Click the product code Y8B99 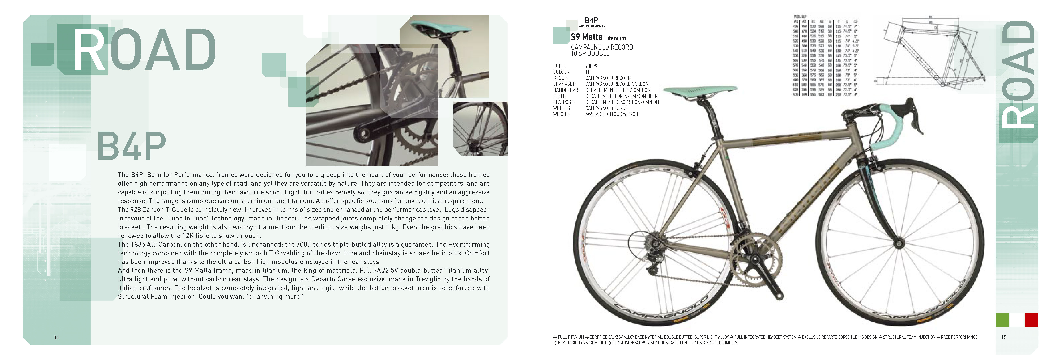tap(591, 66)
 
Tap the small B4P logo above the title tap(592, 21)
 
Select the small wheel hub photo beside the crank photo tap(480, 128)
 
